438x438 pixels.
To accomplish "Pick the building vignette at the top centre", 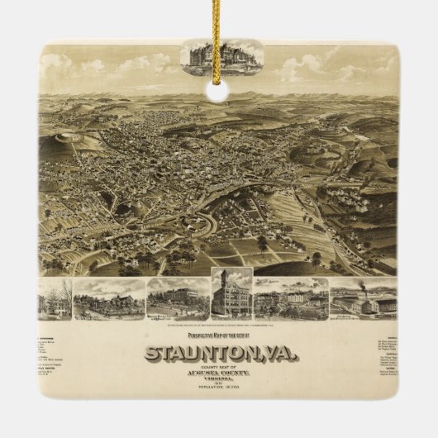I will pos(221,55).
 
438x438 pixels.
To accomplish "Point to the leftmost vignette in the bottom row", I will pos(55,300).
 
